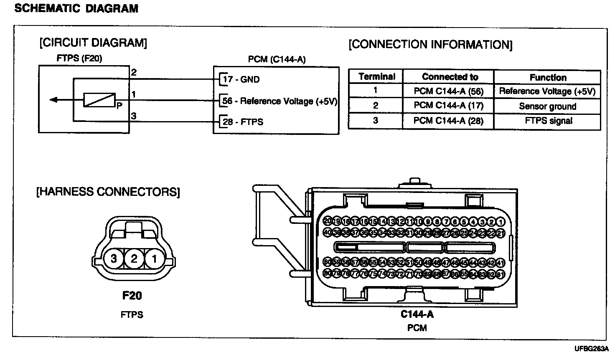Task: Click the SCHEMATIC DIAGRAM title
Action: pyautogui.click(x=76, y=8)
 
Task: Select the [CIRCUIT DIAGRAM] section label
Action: pyautogui.click(x=93, y=43)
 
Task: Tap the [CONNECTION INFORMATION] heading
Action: pyautogui.click(x=430, y=45)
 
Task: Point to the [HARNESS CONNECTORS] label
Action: pyautogui.click(x=108, y=192)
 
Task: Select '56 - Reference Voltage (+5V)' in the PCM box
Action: pyautogui.click(x=280, y=101)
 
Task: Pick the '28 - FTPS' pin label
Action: pyautogui.click(x=243, y=122)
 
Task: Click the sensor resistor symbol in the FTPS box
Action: pyautogui.click(x=99, y=100)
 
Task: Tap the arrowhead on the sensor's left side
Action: pyautogui.click(x=53, y=100)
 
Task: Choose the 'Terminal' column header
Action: pyautogui.click(x=376, y=77)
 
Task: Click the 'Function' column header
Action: pyautogui.click(x=548, y=77)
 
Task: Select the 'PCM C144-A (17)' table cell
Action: pyautogui.click(x=448, y=106)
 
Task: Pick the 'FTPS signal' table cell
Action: pyautogui.click(x=548, y=121)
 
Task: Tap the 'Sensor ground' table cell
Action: pyautogui.click(x=547, y=106)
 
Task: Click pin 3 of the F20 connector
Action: pyautogui.click(x=114, y=259)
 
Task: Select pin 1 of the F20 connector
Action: pyautogui.click(x=154, y=259)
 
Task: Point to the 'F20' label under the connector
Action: pyautogui.click(x=132, y=296)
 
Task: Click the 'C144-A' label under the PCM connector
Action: pyautogui.click(x=417, y=314)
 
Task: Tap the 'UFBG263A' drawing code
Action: pyautogui.click(x=592, y=349)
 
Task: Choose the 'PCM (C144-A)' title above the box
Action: pyautogui.click(x=277, y=59)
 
